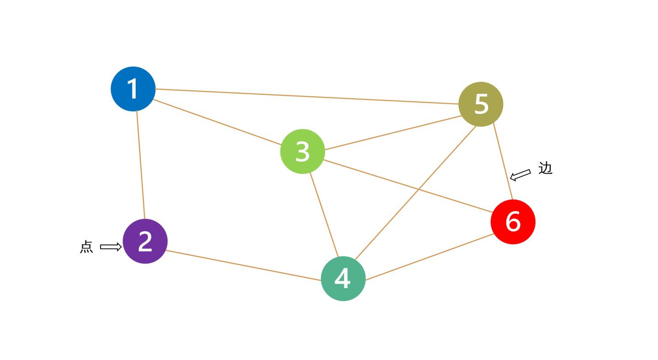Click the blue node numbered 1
[133, 89]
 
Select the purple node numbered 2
[145, 241]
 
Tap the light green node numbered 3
[302, 151]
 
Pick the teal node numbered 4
[343, 279]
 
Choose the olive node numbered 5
[481, 104]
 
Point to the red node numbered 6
[513, 222]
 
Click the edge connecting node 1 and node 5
[307, 96]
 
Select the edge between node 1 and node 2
[141, 164]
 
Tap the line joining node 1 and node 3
[218, 122]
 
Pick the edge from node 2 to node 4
[244, 265]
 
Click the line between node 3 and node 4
[324, 215]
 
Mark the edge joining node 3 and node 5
[393, 133]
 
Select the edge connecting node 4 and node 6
[430, 257]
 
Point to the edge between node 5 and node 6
[503, 161]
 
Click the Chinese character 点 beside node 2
[86, 247]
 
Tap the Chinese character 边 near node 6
[545, 168]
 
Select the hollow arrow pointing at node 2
[111, 247]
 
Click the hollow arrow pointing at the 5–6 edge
[520, 175]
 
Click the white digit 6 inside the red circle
[513, 222]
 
